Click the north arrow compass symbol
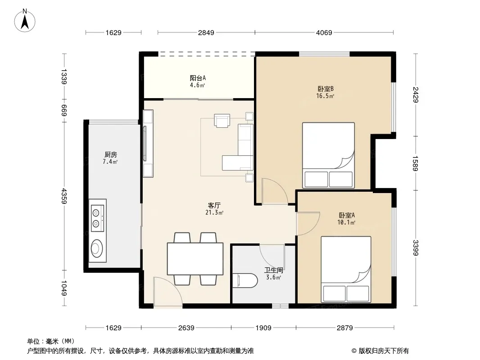tap(25, 21)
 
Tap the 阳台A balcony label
tap(198, 78)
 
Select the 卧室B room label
tap(326, 89)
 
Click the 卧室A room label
tap(347, 216)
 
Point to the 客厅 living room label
tap(214, 205)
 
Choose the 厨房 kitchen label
tap(110, 155)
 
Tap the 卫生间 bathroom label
tap(274, 270)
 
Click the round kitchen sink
tap(97, 248)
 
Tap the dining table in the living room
tap(195, 259)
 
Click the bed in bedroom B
tap(328, 155)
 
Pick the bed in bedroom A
tap(346, 269)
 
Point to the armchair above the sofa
tap(222, 121)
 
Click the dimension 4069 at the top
tap(324, 32)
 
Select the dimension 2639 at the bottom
tap(186, 328)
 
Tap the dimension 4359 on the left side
tap(64, 196)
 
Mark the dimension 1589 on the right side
tap(415, 163)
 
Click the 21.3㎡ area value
tap(214, 212)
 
